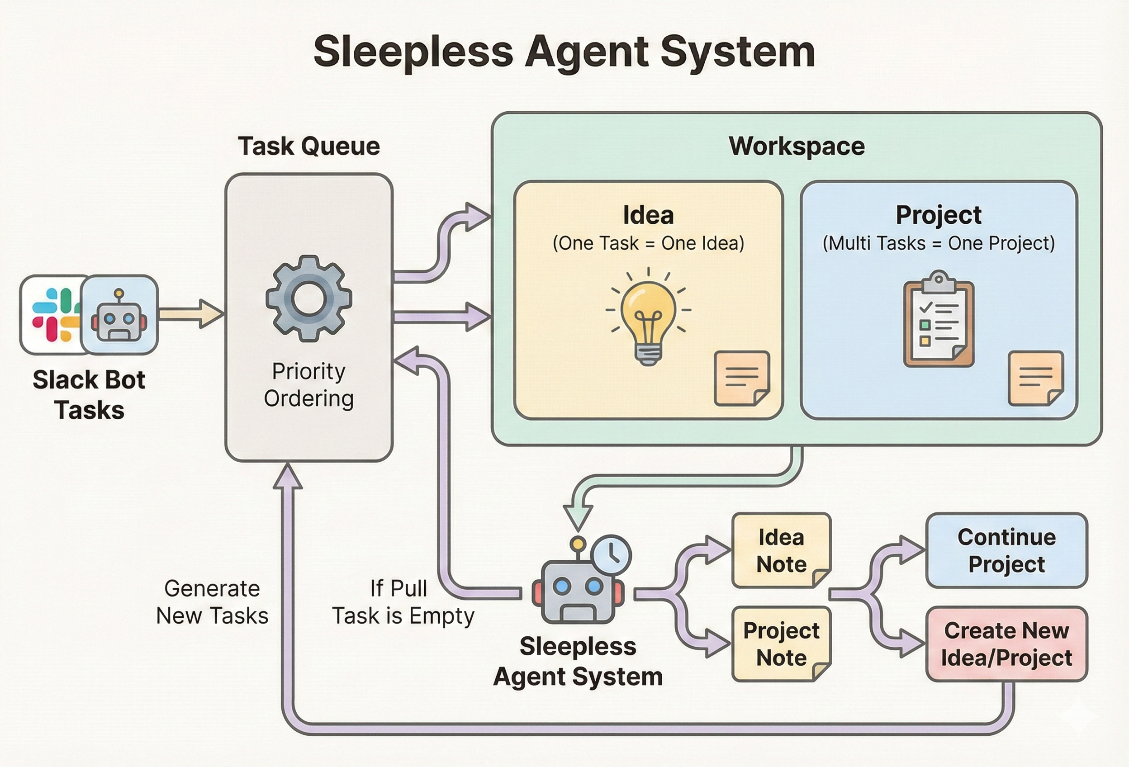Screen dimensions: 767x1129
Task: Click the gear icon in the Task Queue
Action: pos(308,298)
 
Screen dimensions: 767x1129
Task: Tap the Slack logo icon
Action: pos(55,314)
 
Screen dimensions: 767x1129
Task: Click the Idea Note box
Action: pos(781,550)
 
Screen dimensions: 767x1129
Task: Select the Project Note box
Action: pos(781,644)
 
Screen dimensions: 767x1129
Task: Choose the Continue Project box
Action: pos(1006,550)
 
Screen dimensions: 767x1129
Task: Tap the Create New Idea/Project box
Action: pos(1006,644)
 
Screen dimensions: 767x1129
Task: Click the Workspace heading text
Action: pos(797,146)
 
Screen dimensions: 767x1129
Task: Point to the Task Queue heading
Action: pos(308,146)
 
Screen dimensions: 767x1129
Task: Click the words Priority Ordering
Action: pos(308,385)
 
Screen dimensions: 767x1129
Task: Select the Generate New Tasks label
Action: pos(212,602)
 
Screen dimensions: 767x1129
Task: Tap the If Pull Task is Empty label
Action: pos(403,602)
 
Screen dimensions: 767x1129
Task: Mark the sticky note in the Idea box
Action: pos(741,378)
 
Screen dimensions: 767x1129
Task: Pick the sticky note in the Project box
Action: pos(1035,378)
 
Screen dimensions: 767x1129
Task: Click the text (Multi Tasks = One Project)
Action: pos(938,243)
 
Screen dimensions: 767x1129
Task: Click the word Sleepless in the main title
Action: pos(413,52)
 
